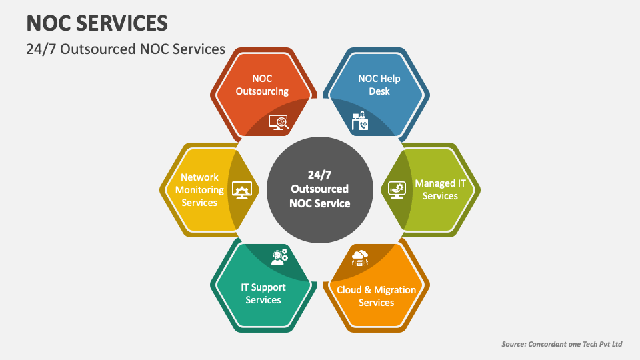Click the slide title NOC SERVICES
[x=97, y=23]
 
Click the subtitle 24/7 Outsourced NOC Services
[x=126, y=49]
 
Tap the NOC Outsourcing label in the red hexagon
[x=262, y=85]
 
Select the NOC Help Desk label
[x=379, y=85]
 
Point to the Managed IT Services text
[x=440, y=189]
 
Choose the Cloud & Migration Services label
[x=376, y=296]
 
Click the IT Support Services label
[x=263, y=293]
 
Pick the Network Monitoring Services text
[x=199, y=189]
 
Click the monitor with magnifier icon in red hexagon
[x=278, y=121]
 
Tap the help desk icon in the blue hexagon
[x=360, y=121]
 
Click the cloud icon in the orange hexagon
[x=360, y=257]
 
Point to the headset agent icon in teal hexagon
[x=279, y=257]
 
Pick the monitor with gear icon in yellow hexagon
[x=241, y=190]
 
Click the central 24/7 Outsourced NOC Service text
[x=320, y=189]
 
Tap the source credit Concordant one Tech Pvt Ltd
[x=561, y=344]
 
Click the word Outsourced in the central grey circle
[x=320, y=189]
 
